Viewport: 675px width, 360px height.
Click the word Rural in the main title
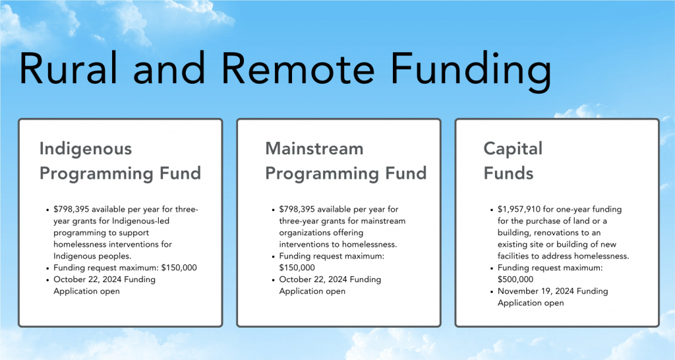[69, 69]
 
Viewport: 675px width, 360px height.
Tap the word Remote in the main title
[299, 69]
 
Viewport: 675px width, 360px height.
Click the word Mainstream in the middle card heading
[314, 148]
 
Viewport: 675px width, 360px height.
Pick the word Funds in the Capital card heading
[508, 173]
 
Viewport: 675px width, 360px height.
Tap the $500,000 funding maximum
[515, 280]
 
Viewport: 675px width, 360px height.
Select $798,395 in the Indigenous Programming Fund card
[71, 209]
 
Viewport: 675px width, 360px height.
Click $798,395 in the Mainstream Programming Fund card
[297, 209]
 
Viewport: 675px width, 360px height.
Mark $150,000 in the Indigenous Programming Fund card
[179, 268]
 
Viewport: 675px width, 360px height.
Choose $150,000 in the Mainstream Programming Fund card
[297, 268]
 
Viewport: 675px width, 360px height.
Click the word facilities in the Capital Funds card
[513, 256]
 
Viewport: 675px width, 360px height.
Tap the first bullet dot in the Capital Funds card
[492, 210]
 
